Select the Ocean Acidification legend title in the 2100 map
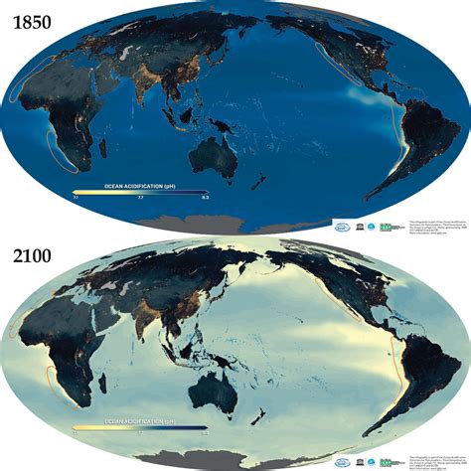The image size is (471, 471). point(139,421)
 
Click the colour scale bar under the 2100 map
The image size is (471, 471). point(139,428)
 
